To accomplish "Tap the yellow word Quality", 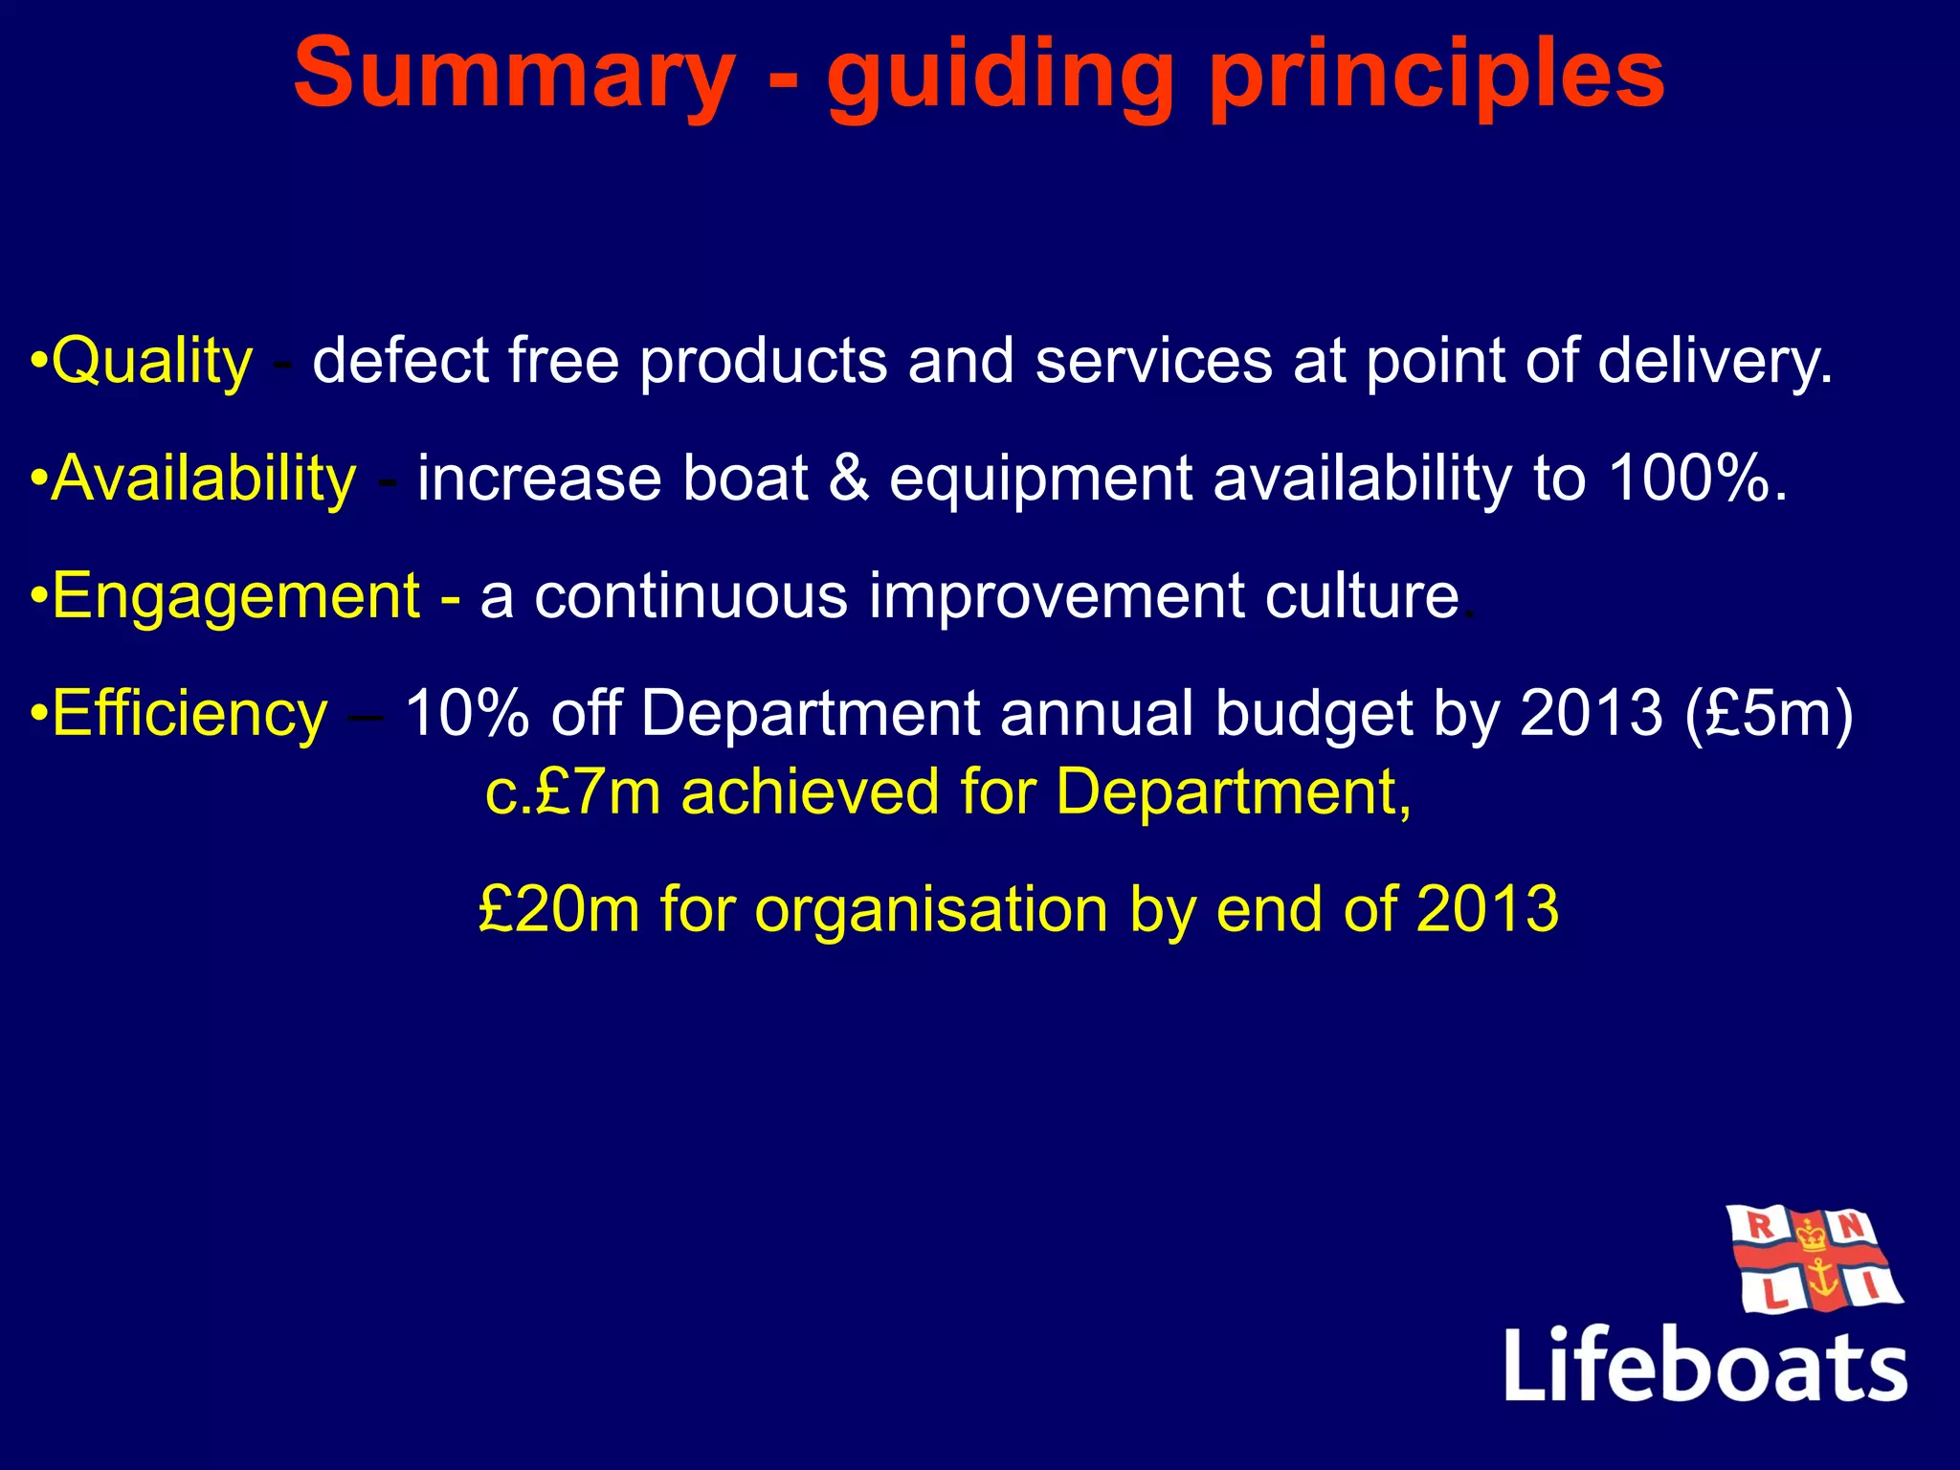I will tap(152, 362).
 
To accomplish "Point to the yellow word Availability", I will tap(204, 479).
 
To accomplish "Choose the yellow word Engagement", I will tap(235, 596).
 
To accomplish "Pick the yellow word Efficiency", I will tap(189, 714).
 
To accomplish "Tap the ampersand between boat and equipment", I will tap(849, 478).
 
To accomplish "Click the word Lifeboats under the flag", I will tap(1704, 1365).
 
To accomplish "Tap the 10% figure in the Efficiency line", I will tap(467, 714).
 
